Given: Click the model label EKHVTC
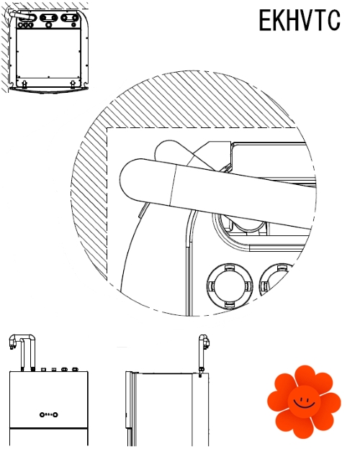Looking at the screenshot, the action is [300, 20].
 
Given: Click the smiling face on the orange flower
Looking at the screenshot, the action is [304, 401].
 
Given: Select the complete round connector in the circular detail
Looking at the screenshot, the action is [230, 286].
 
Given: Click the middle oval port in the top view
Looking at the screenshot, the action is [49, 18].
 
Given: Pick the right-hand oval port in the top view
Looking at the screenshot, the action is [70, 18].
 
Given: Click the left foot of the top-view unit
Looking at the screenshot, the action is [24, 84].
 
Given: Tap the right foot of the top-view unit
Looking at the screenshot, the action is [73, 84].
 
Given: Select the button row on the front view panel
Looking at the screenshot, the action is [49, 414].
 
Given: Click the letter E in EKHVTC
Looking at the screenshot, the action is [265, 20].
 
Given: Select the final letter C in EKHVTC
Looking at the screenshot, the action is [333, 20].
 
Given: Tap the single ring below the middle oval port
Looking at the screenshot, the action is [49, 25].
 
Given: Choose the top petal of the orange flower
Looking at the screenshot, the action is [305, 376].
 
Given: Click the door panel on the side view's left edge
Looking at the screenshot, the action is [130, 399].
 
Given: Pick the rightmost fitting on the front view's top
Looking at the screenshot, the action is [75, 369].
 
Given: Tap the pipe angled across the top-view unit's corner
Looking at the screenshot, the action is [21, 14].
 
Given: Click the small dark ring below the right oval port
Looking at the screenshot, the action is [74, 25].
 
